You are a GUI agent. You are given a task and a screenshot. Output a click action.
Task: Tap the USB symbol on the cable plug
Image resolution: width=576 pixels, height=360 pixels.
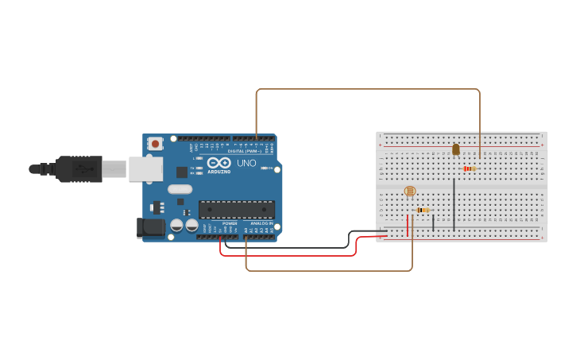click(82, 168)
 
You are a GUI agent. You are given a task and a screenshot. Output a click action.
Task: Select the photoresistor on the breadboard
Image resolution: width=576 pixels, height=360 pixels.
click(410, 191)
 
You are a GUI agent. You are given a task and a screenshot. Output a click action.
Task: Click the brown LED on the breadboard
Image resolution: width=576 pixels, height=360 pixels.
click(455, 149)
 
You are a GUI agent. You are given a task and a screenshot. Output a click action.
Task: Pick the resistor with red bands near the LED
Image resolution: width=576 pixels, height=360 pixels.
click(469, 168)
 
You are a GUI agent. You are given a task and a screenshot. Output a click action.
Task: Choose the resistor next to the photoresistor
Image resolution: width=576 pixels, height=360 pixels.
click(423, 210)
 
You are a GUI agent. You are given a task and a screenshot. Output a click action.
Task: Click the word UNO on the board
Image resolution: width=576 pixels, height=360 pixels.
click(246, 164)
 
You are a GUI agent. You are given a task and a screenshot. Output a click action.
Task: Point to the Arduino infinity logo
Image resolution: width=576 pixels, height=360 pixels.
click(218, 163)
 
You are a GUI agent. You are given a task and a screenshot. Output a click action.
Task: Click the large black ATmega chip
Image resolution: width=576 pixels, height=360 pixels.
click(236, 210)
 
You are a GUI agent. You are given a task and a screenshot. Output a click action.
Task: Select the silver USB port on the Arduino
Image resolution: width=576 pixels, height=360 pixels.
click(145, 168)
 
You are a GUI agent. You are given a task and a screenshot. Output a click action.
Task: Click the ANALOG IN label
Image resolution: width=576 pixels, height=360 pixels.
click(261, 224)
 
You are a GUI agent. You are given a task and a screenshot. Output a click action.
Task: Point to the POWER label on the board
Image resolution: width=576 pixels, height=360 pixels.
click(230, 224)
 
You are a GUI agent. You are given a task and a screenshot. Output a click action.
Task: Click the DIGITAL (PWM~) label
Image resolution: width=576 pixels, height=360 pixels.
click(244, 151)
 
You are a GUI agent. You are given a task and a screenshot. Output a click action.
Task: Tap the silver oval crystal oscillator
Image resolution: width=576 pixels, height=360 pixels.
click(180, 189)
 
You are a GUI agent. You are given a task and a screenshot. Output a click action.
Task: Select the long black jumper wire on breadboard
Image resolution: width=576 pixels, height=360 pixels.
click(454, 204)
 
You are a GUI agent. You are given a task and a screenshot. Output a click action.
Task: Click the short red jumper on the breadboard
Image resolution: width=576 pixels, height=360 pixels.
click(408, 225)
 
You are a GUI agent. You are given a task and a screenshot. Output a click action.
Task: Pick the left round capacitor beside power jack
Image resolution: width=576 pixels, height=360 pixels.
click(177, 226)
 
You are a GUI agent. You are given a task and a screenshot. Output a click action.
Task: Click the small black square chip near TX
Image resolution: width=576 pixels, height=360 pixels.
click(182, 172)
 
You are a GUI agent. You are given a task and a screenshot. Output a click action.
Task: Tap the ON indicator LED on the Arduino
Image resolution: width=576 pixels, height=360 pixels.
click(272, 168)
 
